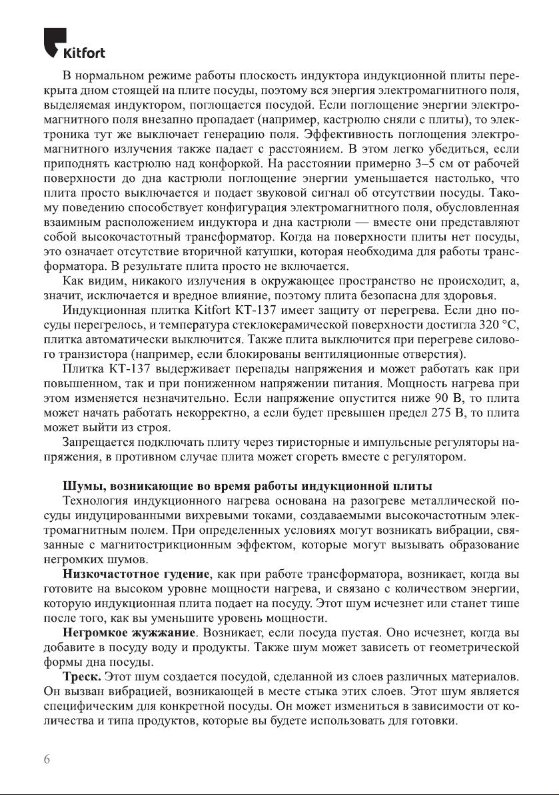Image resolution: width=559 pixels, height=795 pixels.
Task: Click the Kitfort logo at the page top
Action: click(x=73, y=43)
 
